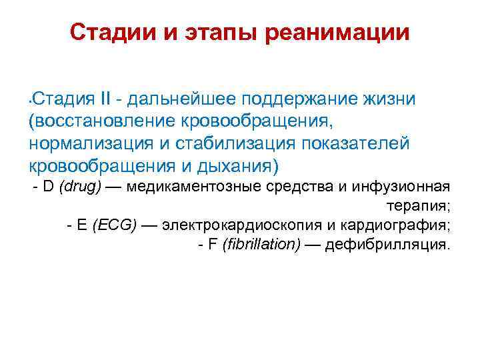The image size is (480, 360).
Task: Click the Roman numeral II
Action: click(x=105, y=100)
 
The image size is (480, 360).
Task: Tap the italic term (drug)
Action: click(x=81, y=187)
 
